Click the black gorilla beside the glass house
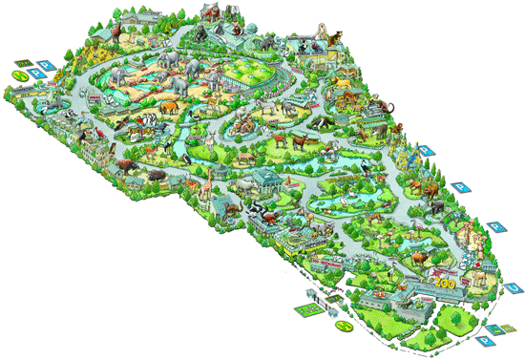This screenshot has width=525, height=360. [x=200, y=34]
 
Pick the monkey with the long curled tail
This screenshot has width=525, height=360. [x=386, y=107]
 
